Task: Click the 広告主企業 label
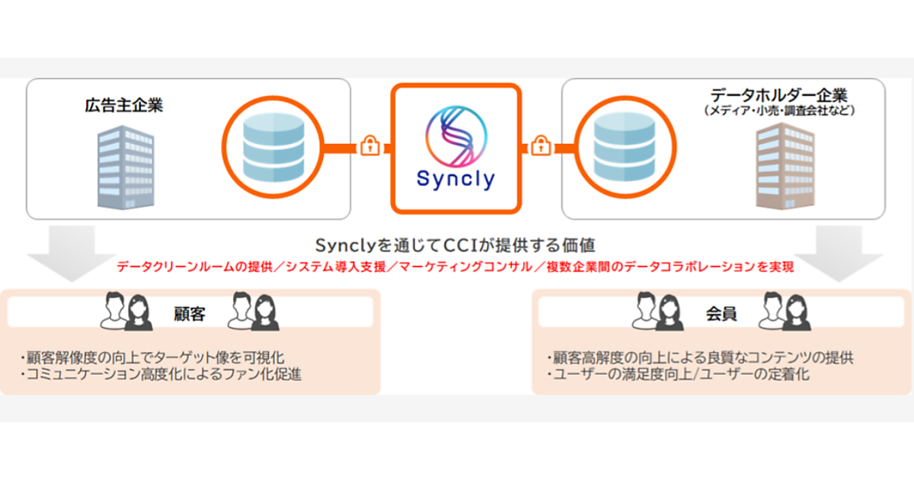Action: pyautogui.click(x=123, y=105)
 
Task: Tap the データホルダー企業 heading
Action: pyautogui.click(x=778, y=95)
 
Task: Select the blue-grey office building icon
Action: pyautogui.click(x=125, y=168)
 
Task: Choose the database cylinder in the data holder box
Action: pyautogui.click(x=620, y=146)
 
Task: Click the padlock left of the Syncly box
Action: pyautogui.click(x=369, y=145)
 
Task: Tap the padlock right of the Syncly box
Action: pyautogui.click(x=541, y=145)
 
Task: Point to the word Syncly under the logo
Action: pyautogui.click(x=455, y=179)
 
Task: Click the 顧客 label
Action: pyautogui.click(x=189, y=312)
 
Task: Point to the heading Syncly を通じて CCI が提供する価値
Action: pyautogui.click(x=455, y=245)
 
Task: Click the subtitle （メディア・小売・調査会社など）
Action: pyautogui.click(x=778, y=111)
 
